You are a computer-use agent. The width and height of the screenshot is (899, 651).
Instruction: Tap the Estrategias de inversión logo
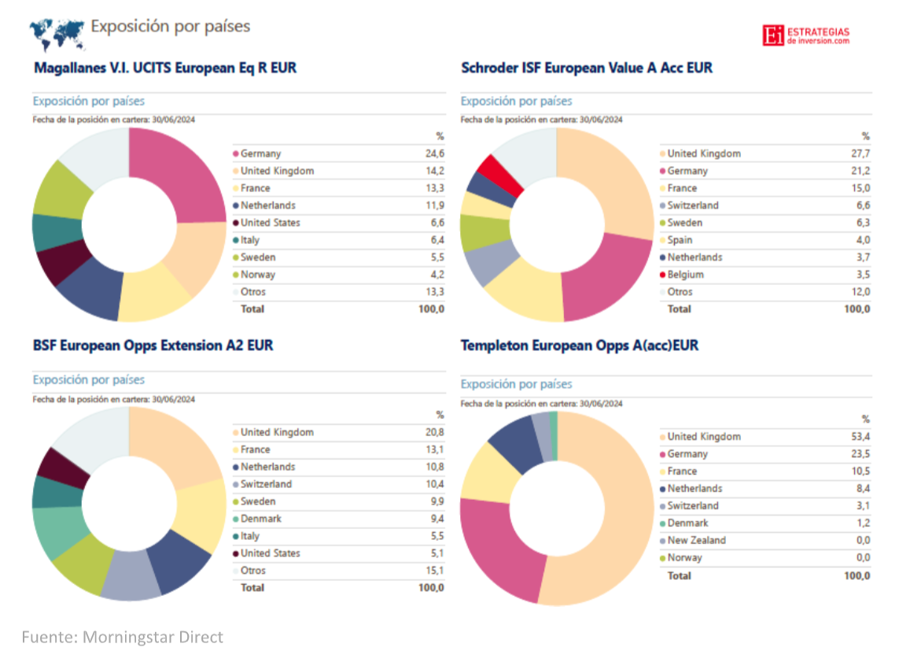click(806, 35)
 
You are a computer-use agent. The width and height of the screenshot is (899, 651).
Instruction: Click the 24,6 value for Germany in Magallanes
click(434, 154)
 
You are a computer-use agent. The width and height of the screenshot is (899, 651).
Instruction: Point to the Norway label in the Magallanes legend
click(258, 275)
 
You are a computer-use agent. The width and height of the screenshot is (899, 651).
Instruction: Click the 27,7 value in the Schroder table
click(860, 154)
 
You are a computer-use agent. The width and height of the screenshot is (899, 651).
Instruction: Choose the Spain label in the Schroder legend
click(680, 240)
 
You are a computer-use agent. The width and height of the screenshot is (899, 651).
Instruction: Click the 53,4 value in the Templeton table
click(860, 437)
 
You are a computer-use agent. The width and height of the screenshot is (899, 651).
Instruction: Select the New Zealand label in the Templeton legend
click(696, 541)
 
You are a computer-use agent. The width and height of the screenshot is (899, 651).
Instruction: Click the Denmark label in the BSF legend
click(260, 519)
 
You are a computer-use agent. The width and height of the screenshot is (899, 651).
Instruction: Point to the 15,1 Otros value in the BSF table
click(434, 571)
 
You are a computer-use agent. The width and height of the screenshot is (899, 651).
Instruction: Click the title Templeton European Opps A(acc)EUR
click(580, 346)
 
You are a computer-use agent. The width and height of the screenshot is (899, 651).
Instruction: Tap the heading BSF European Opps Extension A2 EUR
click(153, 346)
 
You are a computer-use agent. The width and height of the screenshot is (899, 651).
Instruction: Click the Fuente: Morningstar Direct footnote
click(122, 637)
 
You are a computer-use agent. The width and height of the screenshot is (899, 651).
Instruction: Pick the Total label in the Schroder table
click(680, 309)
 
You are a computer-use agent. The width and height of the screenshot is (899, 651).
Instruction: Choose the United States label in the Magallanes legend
click(270, 223)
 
